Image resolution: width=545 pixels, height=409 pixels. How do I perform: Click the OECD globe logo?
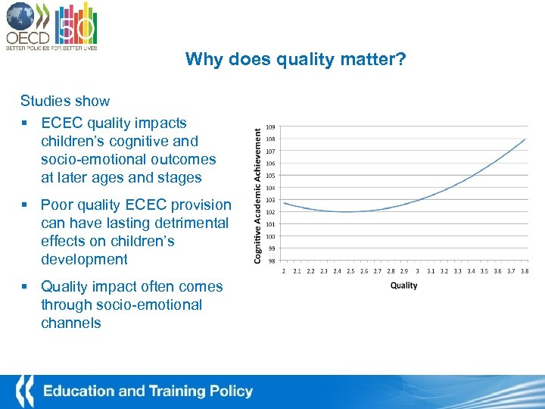20,17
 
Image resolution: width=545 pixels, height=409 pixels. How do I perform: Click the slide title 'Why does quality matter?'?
295,59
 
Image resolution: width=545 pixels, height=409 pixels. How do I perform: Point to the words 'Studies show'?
65,101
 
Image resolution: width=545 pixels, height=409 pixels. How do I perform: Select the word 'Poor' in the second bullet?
58,204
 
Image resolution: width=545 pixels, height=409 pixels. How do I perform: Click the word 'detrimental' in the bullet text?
192,223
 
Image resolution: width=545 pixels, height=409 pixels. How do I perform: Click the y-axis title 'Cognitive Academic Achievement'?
257,195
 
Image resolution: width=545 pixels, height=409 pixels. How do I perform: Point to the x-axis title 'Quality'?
403,286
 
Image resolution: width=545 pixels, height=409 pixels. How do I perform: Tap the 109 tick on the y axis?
270,127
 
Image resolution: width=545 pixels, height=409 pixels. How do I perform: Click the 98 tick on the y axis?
271,261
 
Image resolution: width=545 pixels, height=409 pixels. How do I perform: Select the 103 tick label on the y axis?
270,200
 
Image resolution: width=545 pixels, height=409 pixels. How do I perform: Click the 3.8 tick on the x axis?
524,270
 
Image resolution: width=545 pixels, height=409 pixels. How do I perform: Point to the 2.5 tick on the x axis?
350,270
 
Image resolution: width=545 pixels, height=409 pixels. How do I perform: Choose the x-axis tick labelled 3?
417,270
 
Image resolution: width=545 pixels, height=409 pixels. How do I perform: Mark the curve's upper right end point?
525,139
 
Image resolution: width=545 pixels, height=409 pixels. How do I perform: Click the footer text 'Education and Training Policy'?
148,392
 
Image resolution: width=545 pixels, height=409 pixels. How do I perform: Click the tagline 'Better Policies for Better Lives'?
51,47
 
